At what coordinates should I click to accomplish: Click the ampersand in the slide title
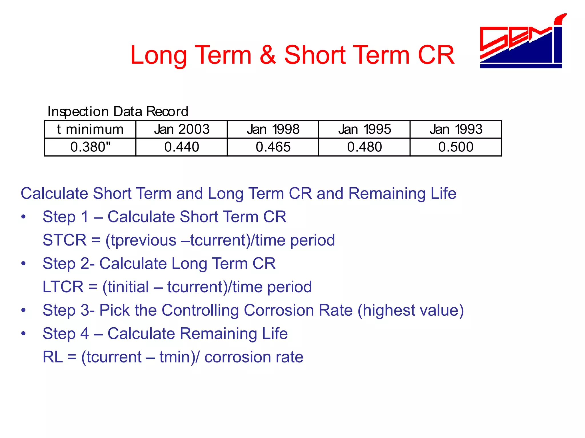268,55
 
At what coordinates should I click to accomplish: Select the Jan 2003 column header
182,129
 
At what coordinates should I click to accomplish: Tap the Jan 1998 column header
273,129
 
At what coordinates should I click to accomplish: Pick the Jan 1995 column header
364,129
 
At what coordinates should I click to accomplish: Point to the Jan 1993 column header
456,129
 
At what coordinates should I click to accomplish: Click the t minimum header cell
90,129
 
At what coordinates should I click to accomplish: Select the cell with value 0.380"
90,147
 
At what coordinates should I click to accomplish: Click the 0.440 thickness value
182,147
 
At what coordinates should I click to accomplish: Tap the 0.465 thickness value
273,147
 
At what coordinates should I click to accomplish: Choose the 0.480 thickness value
364,147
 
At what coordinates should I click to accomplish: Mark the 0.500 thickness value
456,147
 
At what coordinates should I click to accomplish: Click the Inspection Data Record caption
118,111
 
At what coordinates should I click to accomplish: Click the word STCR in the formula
65,240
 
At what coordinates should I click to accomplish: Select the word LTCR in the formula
63,287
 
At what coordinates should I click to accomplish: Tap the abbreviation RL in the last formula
53,357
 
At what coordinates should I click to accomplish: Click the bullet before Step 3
23,310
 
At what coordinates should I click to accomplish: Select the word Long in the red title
159,55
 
